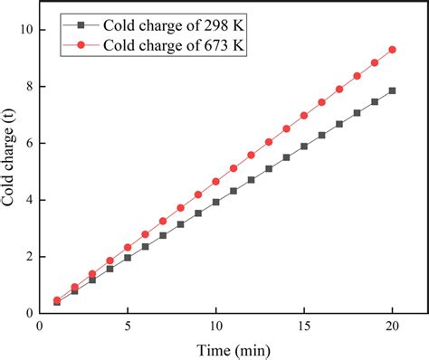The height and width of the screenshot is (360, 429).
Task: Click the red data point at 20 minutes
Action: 392,50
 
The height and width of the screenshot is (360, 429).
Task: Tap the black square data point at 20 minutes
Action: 392,90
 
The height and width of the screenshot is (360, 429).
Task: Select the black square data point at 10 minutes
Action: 215,202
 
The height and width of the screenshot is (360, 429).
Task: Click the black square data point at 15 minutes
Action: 304,146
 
